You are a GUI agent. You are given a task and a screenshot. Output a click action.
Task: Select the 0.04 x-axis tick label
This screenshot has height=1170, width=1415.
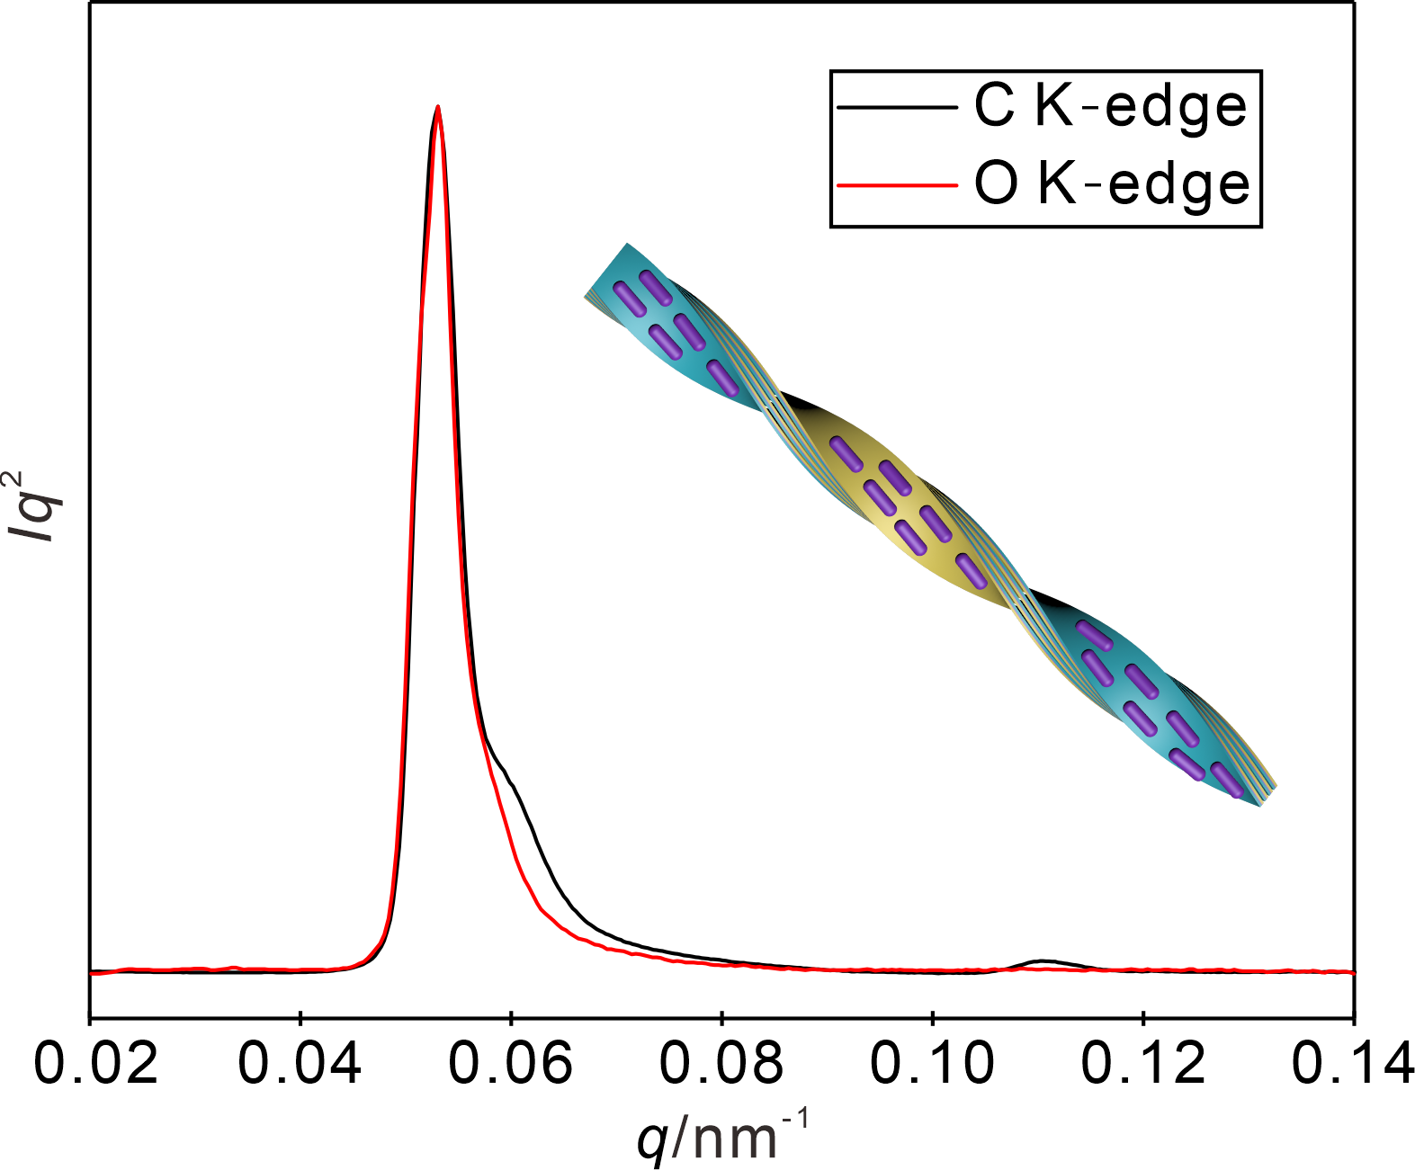coord(300,1064)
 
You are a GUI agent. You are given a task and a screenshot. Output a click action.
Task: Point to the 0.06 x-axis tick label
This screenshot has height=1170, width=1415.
coord(511,1064)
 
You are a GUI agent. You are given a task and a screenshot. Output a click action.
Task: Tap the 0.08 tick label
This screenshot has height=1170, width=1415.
coord(721,1064)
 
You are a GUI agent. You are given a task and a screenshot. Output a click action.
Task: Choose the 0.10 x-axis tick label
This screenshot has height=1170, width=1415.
coord(932,1064)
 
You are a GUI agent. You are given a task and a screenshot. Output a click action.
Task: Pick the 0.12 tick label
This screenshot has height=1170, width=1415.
coord(1142,1064)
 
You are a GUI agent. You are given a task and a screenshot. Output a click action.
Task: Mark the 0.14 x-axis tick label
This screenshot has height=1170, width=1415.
coord(1352,1064)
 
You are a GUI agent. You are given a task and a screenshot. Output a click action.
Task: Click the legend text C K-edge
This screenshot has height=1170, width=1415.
coord(1111,108)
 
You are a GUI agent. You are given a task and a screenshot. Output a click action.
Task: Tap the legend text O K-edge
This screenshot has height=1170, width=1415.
coord(1112,184)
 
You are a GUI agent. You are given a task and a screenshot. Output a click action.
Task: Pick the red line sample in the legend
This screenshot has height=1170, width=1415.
coord(896,185)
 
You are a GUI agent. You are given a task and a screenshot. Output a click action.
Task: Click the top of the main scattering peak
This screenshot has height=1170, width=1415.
coord(437,107)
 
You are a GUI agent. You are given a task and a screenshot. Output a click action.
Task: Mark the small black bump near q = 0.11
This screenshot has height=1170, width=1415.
coord(1042,961)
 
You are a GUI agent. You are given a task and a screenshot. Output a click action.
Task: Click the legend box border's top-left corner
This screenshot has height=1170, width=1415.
coord(831,72)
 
